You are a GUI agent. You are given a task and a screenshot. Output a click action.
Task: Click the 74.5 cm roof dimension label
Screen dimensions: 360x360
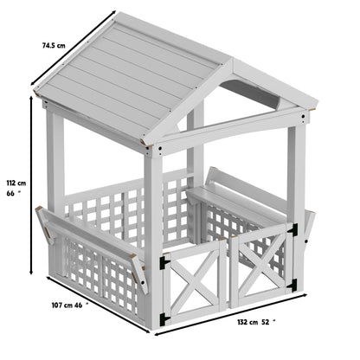point(55,44)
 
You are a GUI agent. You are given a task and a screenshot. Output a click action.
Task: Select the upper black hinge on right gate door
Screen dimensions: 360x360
point(293,229)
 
